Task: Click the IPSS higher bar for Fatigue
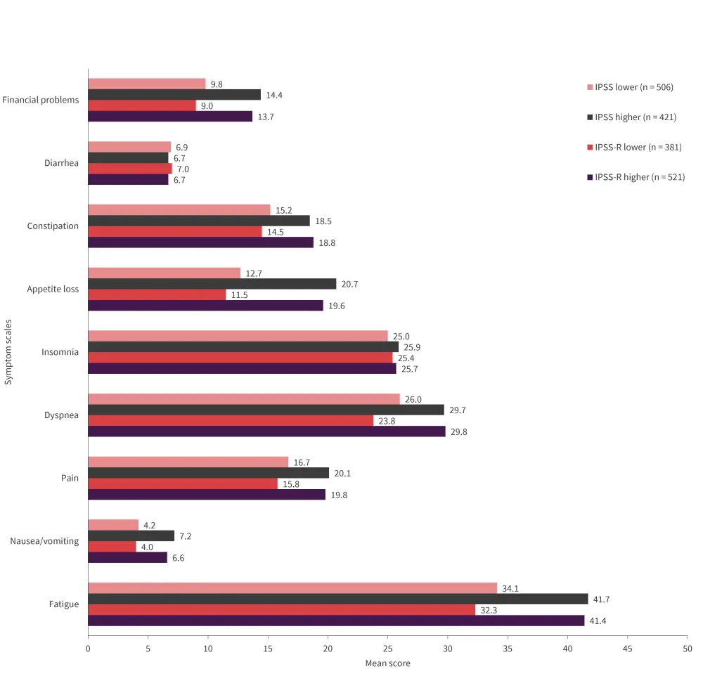pos(337,599)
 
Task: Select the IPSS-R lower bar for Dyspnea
pos(231,420)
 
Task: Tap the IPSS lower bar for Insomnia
pos(238,336)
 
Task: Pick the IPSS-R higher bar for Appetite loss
pos(205,305)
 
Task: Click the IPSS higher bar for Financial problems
pos(174,95)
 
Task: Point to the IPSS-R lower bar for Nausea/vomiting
pos(112,547)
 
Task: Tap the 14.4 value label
pos(273,95)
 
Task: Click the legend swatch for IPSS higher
pos(590,117)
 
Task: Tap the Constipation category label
pos(53,226)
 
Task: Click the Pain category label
pos(70,478)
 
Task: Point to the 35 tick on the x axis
pos(508,649)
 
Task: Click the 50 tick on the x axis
pos(687,649)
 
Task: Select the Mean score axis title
pos(387,663)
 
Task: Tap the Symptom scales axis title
pos(8,351)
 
